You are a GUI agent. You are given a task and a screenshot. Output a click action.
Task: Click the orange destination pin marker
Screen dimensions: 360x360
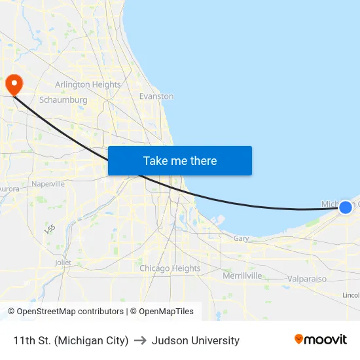coord(14,84)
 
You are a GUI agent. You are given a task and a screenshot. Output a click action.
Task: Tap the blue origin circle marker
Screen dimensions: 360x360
coord(345,207)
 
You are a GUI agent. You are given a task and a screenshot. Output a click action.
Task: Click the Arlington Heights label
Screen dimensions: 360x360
coord(88,84)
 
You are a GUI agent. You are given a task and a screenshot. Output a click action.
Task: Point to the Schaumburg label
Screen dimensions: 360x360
coord(63,100)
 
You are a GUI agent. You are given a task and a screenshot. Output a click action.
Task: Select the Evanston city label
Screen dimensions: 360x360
coord(156,96)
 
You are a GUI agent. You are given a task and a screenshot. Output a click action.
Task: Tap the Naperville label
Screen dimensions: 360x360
coord(48,184)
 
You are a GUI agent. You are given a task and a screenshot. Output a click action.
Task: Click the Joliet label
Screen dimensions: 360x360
coord(63,262)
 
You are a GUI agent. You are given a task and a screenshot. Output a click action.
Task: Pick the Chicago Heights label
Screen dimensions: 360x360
coord(170,268)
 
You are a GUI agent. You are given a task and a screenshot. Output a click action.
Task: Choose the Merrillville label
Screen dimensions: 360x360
coord(242,276)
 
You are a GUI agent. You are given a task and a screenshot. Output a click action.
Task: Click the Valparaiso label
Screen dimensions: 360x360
coord(307,279)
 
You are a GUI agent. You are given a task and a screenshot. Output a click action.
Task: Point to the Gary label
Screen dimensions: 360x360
coord(241,239)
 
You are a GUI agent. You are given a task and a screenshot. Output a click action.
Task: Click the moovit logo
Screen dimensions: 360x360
coord(321,340)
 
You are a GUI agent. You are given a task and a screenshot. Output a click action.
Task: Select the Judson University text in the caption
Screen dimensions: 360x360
coord(195,340)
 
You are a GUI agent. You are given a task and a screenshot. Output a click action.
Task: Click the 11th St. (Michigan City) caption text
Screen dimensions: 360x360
coord(71,340)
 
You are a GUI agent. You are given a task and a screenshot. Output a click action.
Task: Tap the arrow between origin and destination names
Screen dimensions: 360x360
coord(140,340)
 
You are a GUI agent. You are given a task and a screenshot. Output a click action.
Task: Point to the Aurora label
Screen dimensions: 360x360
coord(9,189)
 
